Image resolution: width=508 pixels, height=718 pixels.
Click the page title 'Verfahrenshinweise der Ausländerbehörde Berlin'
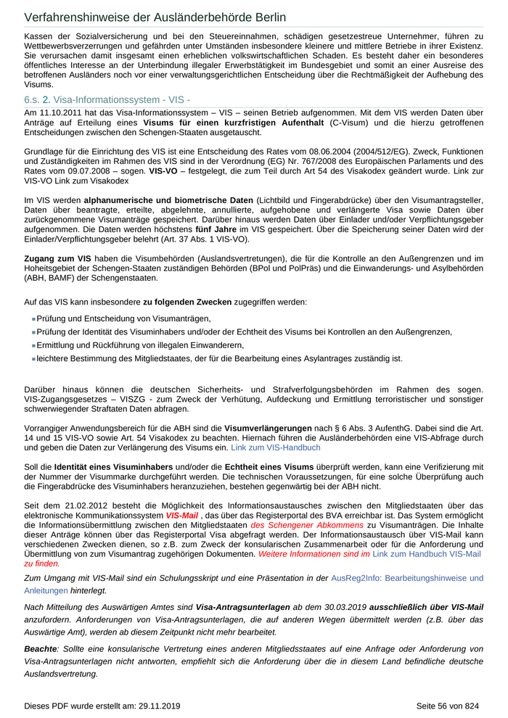[155, 17]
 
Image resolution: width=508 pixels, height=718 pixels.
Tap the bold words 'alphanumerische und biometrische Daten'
[168, 199]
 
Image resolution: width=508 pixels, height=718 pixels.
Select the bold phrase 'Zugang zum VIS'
[58, 258]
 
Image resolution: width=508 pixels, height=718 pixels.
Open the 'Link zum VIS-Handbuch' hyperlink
[275, 447]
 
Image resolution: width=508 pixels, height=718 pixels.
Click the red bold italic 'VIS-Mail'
[181, 515]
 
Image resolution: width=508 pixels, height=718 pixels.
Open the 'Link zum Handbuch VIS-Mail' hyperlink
[427, 553]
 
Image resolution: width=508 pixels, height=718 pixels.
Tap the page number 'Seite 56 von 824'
[448, 705]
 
